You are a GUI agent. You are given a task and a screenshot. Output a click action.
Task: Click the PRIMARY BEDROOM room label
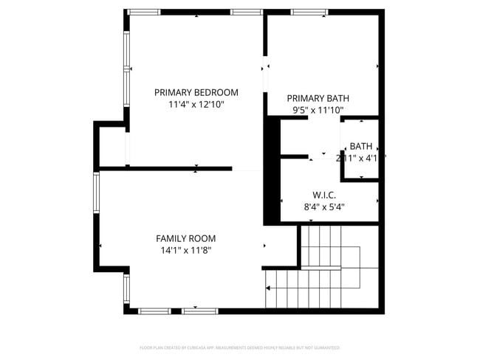coord(196,92)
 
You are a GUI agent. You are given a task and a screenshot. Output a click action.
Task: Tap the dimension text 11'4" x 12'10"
coord(196,105)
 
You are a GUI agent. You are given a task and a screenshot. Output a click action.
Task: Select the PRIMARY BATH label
coord(318,98)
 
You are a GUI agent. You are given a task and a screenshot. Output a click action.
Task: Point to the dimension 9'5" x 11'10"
coord(318,111)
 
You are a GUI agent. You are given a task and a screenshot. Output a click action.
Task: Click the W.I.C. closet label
coord(324,195)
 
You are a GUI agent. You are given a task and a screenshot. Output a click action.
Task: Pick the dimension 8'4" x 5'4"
coord(324,207)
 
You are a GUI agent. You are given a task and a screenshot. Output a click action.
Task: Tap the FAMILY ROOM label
coord(185,238)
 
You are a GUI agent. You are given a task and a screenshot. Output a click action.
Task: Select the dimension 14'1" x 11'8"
coord(185,251)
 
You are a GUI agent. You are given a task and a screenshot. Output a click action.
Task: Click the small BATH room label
coord(360,146)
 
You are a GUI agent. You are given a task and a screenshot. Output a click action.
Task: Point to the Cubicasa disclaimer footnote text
coord(239,347)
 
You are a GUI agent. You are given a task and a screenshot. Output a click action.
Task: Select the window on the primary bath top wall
coord(309,12)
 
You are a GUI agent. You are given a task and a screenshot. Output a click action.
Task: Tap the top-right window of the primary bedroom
coord(246,12)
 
